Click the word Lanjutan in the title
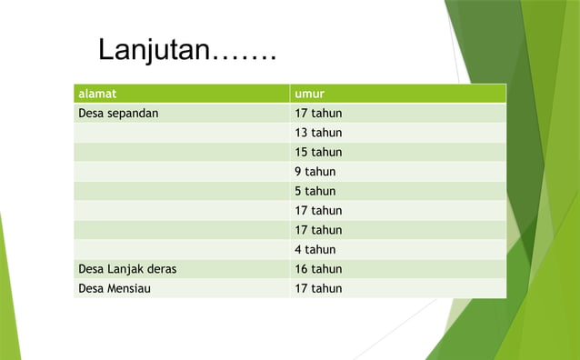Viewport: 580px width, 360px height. pos(154,50)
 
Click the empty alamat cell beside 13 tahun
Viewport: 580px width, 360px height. pos(182,133)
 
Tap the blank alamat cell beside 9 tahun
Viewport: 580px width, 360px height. pos(182,172)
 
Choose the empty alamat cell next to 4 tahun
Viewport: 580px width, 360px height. pos(182,249)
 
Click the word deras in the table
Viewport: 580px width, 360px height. pos(160,269)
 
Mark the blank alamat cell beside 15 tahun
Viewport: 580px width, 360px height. pos(182,152)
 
